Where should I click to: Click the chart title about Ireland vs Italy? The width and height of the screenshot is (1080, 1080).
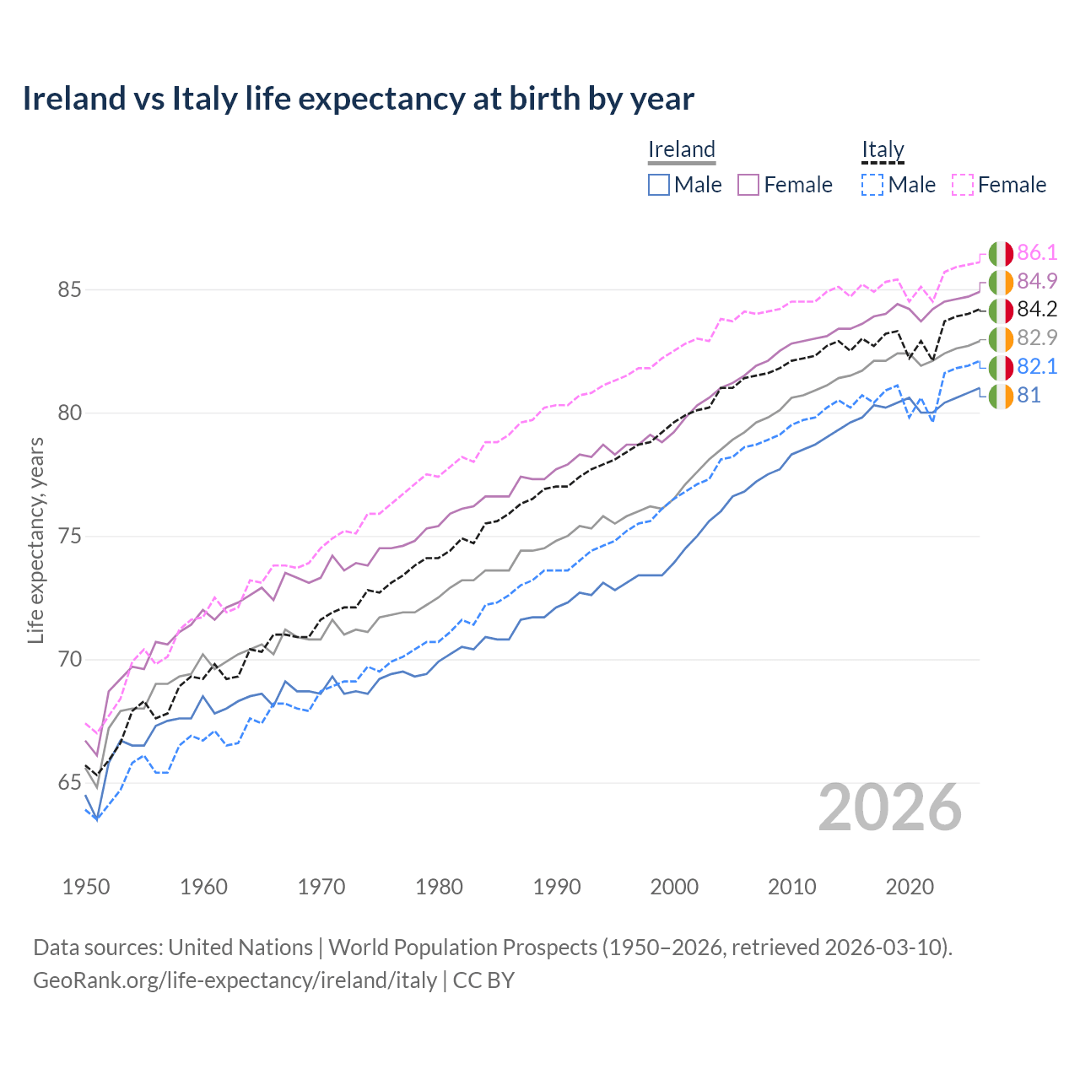pyautogui.click(x=358, y=99)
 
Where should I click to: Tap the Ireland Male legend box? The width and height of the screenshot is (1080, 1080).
pyautogui.click(x=659, y=185)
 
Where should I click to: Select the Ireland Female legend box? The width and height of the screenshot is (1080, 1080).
pyautogui.click(x=748, y=185)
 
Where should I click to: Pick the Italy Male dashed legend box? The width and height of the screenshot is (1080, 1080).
pyautogui.click(x=872, y=185)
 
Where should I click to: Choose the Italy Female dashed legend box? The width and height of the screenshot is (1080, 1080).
pyautogui.click(x=963, y=185)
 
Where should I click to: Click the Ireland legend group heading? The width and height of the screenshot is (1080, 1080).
pyautogui.click(x=682, y=149)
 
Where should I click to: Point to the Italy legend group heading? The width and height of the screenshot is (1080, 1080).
pyautogui.click(x=883, y=149)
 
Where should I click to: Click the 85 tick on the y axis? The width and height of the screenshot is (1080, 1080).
pyautogui.click(x=69, y=289)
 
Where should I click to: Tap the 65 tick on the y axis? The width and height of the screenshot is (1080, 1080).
pyautogui.click(x=69, y=783)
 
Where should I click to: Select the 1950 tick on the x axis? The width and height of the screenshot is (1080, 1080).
pyautogui.click(x=86, y=887)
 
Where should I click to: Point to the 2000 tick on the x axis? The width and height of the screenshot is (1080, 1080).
pyautogui.click(x=674, y=887)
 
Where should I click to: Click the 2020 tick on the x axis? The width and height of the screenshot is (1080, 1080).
pyautogui.click(x=910, y=887)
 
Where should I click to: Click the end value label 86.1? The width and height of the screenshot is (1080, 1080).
pyautogui.click(x=1037, y=252)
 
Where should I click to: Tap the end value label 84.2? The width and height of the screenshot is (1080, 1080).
pyautogui.click(x=1037, y=310)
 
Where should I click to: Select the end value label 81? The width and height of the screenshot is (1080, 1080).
pyautogui.click(x=1029, y=395)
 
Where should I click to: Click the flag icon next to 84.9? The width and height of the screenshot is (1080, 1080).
pyautogui.click(x=1001, y=282)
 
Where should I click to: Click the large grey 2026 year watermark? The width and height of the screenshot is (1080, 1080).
pyautogui.click(x=890, y=807)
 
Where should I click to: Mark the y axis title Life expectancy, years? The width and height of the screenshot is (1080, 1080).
pyautogui.click(x=36, y=540)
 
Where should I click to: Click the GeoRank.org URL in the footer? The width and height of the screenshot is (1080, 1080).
pyautogui.click(x=235, y=980)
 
